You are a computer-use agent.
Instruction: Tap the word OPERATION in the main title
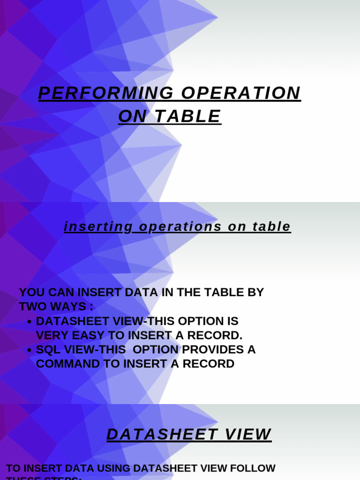(x=240, y=93)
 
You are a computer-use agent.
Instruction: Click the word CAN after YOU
(x=59, y=292)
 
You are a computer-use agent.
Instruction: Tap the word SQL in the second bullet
(x=47, y=350)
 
